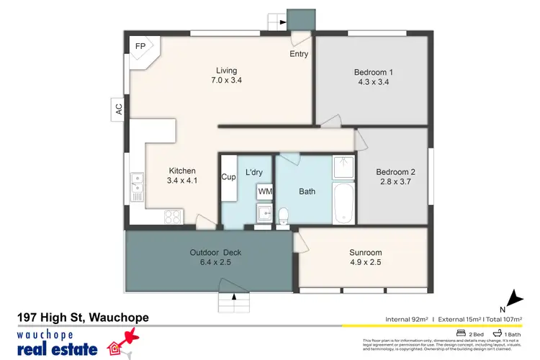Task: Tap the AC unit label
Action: tap(119, 109)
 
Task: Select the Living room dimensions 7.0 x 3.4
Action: tap(226, 81)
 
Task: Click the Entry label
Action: tap(299, 54)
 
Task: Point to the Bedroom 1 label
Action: tap(373, 72)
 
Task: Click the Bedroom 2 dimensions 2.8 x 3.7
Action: tap(395, 183)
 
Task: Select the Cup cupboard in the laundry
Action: tap(229, 177)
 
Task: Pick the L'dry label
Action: tap(254, 172)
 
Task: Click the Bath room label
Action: tap(307, 191)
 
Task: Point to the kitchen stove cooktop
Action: tap(173, 215)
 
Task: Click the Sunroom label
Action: tap(366, 253)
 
